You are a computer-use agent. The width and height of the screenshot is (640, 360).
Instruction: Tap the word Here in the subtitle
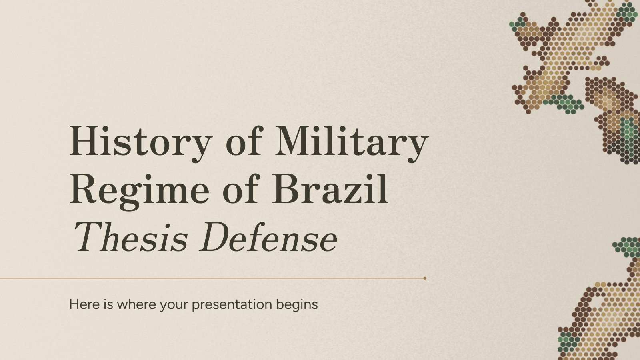click(x=84, y=304)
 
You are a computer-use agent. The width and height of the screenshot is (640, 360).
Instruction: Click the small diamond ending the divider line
click(x=425, y=278)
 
